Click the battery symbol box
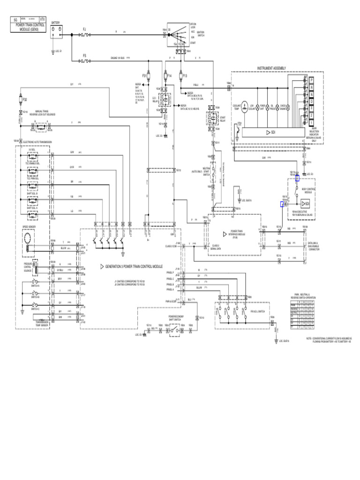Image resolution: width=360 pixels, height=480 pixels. click(x=56, y=30)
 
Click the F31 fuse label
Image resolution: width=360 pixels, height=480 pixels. click(x=145, y=75)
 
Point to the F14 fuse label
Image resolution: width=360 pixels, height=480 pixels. click(x=169, y=75)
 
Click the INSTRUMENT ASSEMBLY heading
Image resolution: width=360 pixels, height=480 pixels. click(x=271, y=68)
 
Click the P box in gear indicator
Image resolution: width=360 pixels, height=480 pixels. click(x=310, y=81)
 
